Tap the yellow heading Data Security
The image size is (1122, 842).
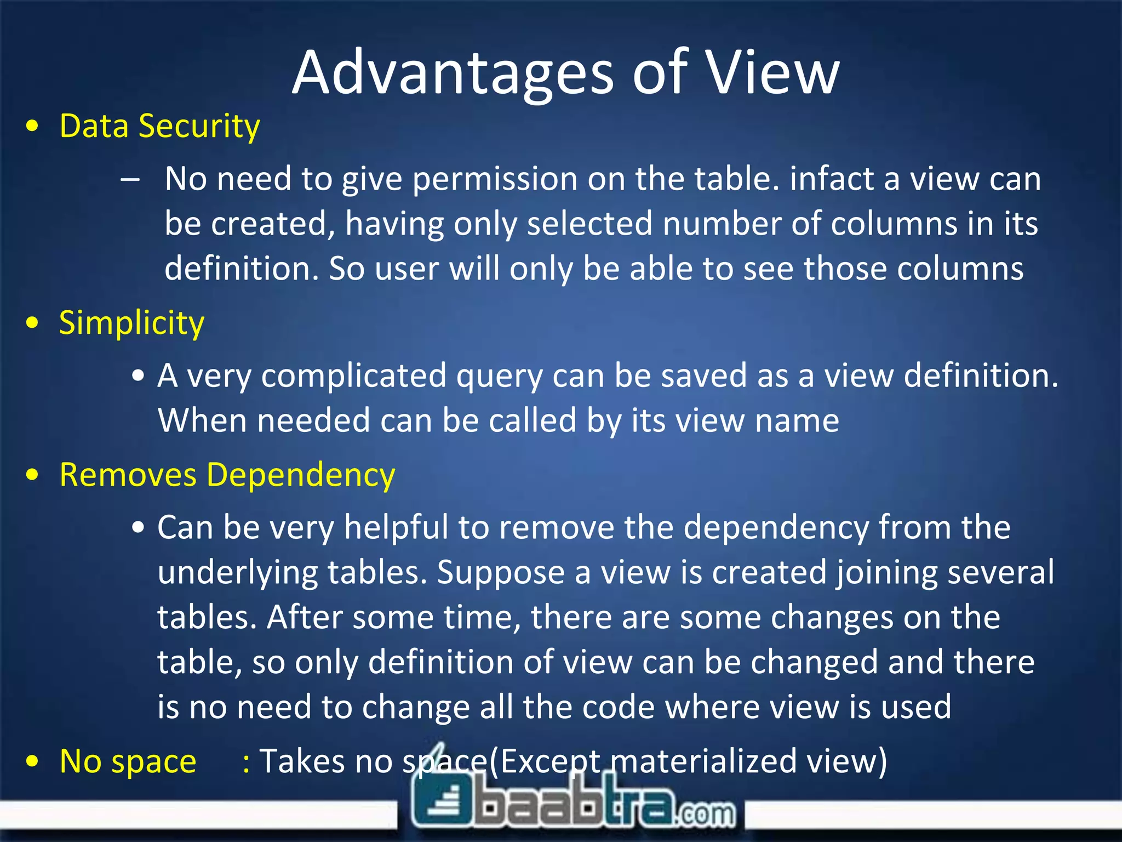[x=159, y=126]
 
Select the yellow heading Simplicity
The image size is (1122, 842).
[x=131, y=323]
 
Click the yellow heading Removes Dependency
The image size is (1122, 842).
[x=227, y=475]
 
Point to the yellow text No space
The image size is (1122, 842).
[x=128, y=761]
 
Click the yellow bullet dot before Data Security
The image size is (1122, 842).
[x=33, y=127]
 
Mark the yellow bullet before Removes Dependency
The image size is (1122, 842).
[x=33, y=475]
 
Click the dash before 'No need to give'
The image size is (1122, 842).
[x=130, y=179]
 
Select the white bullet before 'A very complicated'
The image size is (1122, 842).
[x=138, y=377]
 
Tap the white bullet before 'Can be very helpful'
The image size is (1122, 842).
[x=138, y=528]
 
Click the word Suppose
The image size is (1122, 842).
[x=501, y=573]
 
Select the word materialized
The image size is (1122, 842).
[x=703, y=761]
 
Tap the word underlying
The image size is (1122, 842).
[x=238, y=573]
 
